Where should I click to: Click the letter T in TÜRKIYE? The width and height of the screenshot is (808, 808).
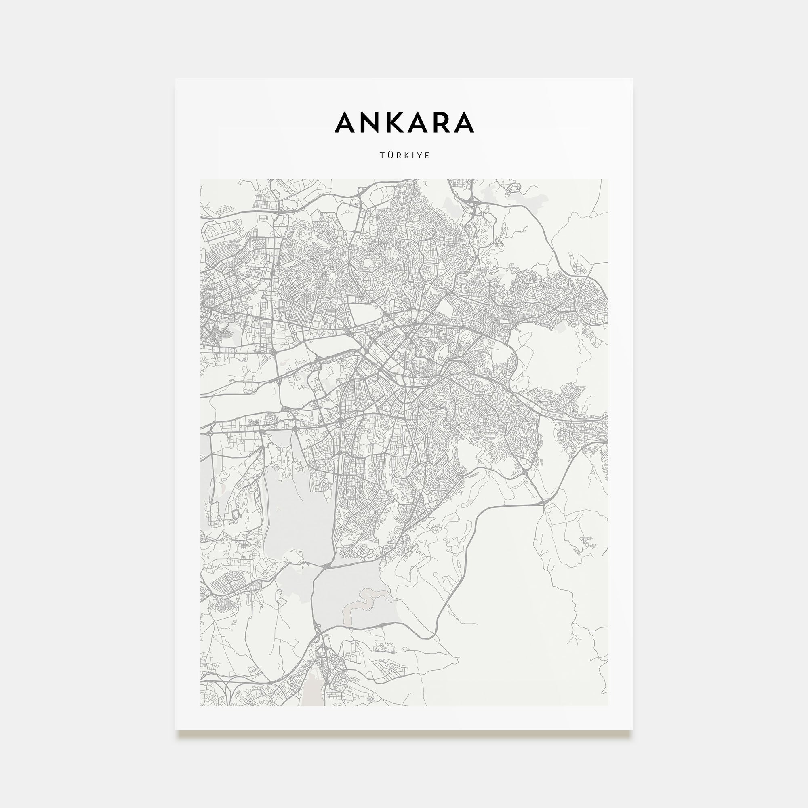click(x=382, y=156)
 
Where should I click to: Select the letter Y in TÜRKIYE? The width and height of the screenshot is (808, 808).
click(x=419, y=156)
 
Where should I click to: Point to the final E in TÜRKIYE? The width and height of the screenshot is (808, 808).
click(x=427, y=156)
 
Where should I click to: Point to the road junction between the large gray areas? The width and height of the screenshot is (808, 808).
click(x=326, y=566)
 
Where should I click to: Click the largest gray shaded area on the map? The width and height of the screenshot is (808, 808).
click(x=297, y=502)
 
